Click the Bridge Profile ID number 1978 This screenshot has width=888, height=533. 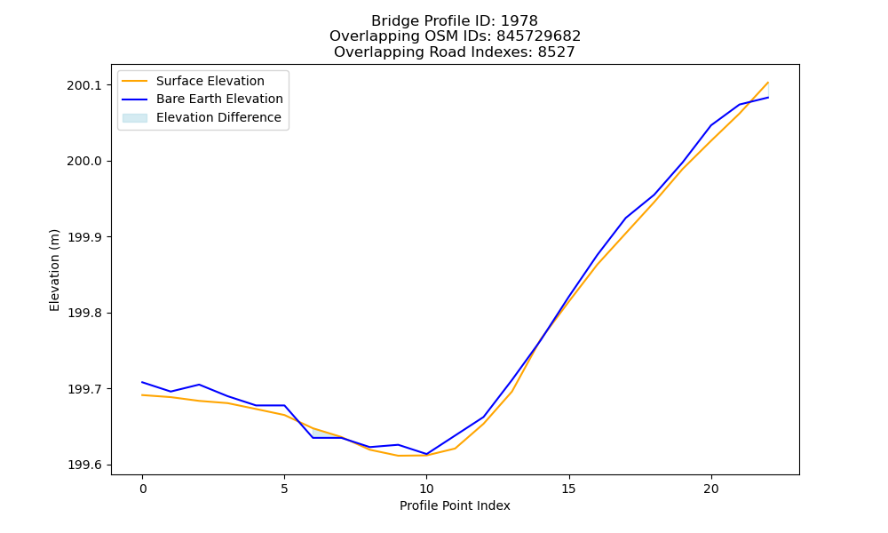[519, 21]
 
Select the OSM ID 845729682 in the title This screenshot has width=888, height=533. [539, 36]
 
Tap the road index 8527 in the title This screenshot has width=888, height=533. [556, 52]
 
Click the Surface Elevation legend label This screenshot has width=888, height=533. [210, 81]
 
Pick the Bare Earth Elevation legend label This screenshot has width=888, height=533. [219, 99]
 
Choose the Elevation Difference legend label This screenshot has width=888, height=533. [218, 117]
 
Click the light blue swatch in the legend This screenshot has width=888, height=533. [135, 118]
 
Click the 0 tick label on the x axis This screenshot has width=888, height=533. [143, 489]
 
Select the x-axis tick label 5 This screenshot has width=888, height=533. [284, 489]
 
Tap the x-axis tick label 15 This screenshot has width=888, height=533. [568, 489]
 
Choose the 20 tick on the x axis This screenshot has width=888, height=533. [710, 489]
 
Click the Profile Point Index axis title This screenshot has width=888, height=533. [455, 505]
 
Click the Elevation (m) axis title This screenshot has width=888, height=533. [54, 270]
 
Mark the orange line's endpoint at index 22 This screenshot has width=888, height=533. [768, 82]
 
